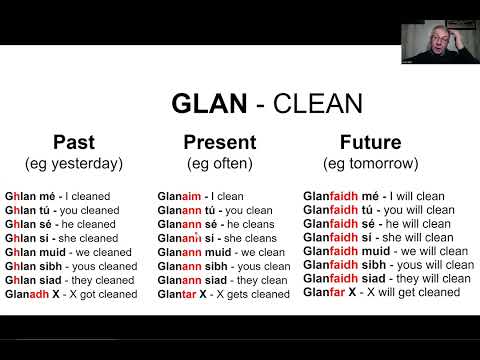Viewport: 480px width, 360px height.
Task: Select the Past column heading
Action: point(73,142)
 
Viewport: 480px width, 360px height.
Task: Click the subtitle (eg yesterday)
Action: point(73,162)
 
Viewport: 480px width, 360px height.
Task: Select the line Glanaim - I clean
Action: point(200,197)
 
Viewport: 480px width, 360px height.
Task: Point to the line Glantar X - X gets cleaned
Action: point(224,295)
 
